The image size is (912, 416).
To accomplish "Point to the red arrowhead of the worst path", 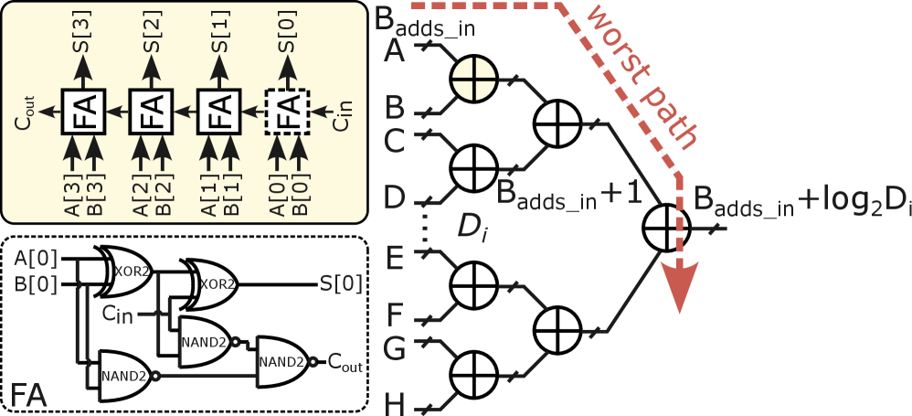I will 682,288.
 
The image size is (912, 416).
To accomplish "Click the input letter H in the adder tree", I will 395,403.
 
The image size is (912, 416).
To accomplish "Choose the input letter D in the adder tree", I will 395,197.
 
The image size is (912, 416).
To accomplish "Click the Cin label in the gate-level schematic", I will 118,314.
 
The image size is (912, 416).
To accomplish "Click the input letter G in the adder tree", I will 395,347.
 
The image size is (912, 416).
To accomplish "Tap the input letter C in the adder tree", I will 395,140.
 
